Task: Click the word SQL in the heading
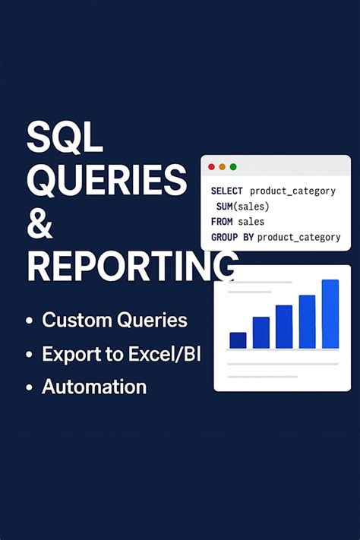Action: click(65, 139)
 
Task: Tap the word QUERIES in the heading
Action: click(106, 181)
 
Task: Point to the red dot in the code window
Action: click(211, 166)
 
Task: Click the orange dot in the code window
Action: click(222, 166)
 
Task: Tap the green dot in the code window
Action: click(233, 166)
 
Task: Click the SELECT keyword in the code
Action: click(227, 191)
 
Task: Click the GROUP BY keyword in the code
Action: click(232, 238)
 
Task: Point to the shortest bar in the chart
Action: click(238, 339)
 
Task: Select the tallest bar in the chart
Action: click(330, 314)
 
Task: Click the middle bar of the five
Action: click(284, 327)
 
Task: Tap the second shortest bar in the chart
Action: click(261, 332)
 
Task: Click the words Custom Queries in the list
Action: click(115, 321)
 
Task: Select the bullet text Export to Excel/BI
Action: click(122, 353)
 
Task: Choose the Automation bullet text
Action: click(94, 387)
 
